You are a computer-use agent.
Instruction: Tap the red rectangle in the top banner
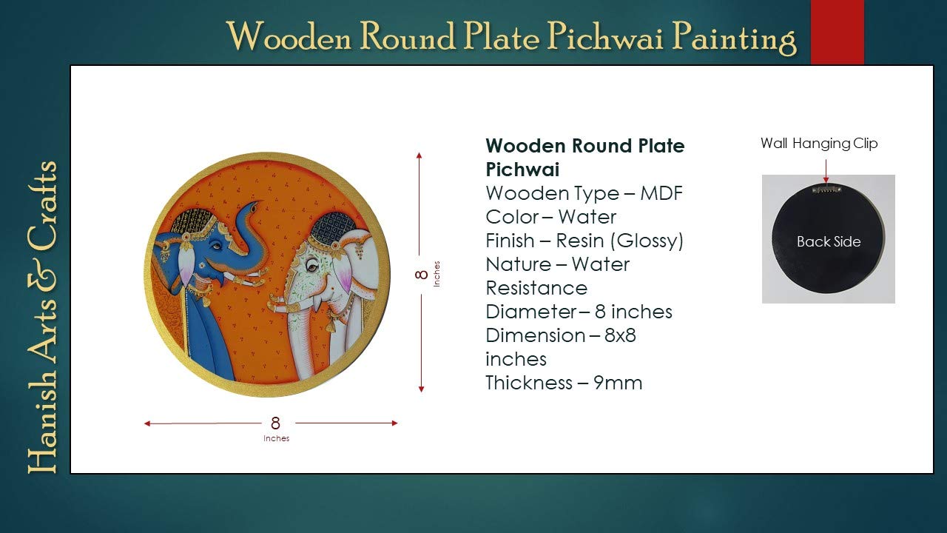[837, 32]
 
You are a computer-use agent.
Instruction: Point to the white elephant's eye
[312, 266]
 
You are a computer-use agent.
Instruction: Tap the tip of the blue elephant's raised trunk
[254, 207]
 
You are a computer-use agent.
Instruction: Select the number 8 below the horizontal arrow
[276, 423]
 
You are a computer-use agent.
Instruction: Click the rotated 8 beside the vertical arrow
[422, 275]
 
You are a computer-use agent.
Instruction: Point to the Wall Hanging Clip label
[819, 144]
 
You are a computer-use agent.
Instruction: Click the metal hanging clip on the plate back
[826, 190]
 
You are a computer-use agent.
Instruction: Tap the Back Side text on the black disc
[829, 241]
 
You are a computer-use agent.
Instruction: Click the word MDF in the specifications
[661, 193]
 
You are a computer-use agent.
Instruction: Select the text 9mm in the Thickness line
[618, 383]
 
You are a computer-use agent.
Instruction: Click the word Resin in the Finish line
[579, 241]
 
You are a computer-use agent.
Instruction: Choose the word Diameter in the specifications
[531, 312]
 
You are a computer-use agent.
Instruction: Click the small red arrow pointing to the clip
[826, 171]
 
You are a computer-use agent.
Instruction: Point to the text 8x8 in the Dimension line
[620, 335]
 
